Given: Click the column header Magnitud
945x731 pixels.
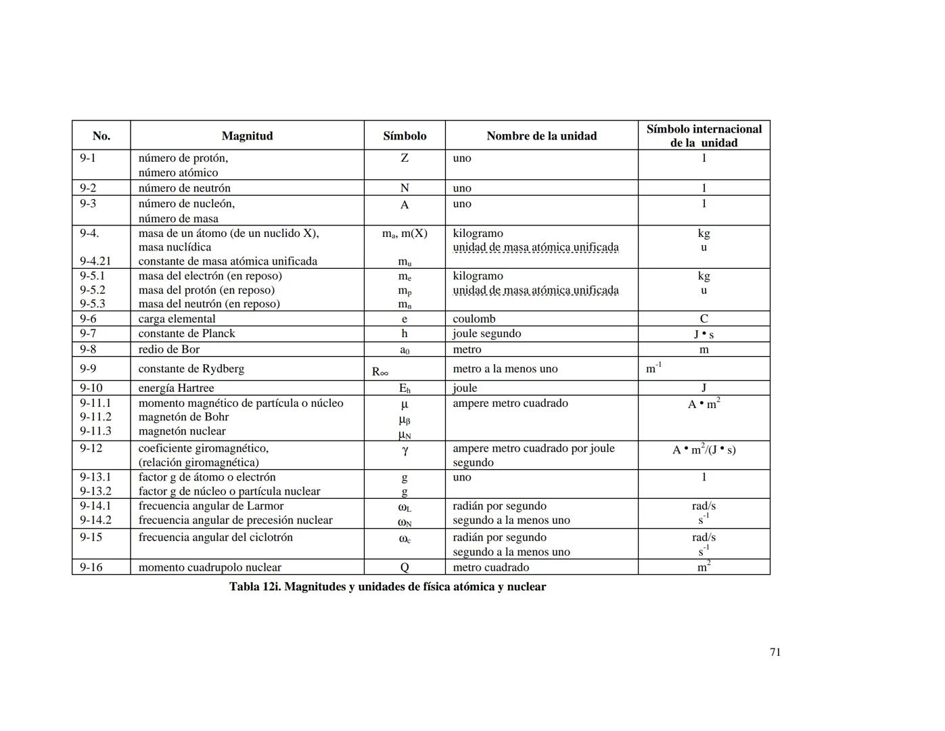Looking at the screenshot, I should pos(247,136).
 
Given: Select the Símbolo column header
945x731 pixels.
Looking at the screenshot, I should pos(405,136).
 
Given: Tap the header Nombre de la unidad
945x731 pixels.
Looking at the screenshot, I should pos(541,136).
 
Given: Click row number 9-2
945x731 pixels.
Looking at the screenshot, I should pos(88,188).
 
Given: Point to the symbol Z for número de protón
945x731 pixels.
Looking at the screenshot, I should pos(405,158).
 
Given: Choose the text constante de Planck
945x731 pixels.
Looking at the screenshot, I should pos(187,334).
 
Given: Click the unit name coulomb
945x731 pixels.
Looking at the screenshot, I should pos(474,319).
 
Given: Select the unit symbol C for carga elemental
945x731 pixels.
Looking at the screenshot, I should pos(704,319).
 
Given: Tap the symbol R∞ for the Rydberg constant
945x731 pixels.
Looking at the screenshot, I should pos(380,372).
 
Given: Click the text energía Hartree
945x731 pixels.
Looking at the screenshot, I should pos(176,389).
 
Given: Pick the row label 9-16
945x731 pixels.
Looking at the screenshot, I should pos(91,567).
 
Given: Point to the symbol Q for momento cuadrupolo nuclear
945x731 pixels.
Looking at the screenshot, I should pos(405,568).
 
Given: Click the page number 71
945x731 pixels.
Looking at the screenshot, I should pos(775,652).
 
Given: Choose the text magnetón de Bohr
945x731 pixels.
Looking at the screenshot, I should pos(183,417).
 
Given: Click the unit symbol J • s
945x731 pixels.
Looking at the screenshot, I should pos(704,334).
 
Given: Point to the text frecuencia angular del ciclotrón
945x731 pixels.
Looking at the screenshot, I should pos(216,537).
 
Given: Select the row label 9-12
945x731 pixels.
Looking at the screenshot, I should pos(91,448).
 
